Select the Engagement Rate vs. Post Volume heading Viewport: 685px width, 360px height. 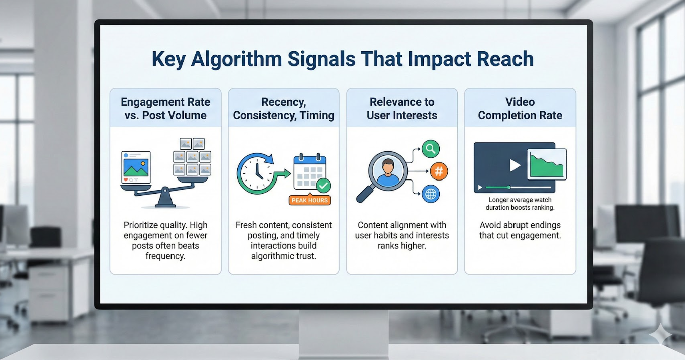click(165, 109)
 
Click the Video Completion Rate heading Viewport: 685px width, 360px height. click(520, 109)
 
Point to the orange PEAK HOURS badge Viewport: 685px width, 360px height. click(309, 200)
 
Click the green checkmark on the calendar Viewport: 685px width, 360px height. click(323, 186)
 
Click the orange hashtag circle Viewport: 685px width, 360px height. click(439, 171)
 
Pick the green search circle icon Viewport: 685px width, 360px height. click(430, 149)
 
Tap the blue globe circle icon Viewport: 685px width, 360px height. click(430, 194)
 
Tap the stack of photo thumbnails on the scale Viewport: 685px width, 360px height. click(192, 157)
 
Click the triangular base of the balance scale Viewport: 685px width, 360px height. click(165, 200)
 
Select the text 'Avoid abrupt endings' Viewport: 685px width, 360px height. click(520, 225)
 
